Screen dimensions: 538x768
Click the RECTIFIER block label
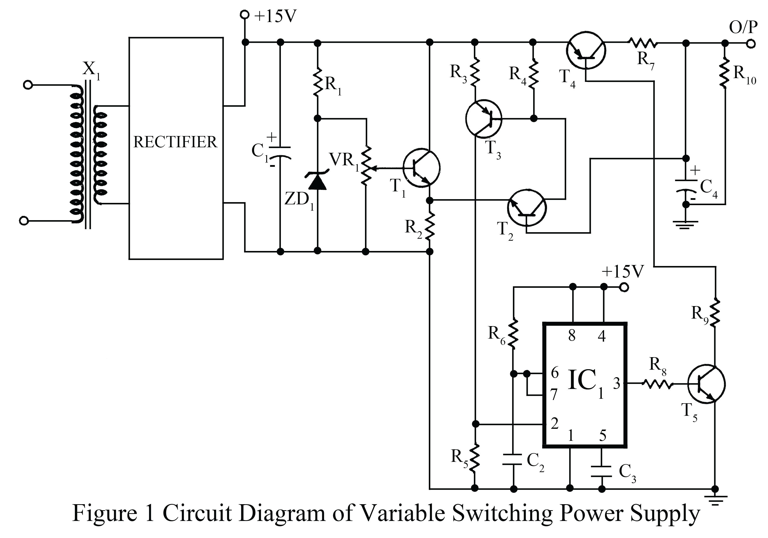[x=175, y=142]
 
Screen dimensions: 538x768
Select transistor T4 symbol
[x=586, y=50]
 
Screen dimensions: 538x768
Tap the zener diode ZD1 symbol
[x=317, y=181]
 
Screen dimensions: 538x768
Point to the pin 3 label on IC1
[x=616, y=383]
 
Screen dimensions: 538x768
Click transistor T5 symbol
[x=706, y=384]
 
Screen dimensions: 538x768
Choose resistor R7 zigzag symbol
[x=643, y=43]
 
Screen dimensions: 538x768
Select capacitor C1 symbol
[x=280, y=152]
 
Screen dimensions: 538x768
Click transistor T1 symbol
[x=421, y=168]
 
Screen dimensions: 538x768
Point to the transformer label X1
[x=91, y=70]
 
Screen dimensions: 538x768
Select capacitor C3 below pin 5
[x=602, y=471]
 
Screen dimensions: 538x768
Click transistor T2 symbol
[x=526, y=208]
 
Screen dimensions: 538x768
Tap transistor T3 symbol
[x=484, y=118]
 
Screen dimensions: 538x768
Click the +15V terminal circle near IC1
[x=624, y=287]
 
